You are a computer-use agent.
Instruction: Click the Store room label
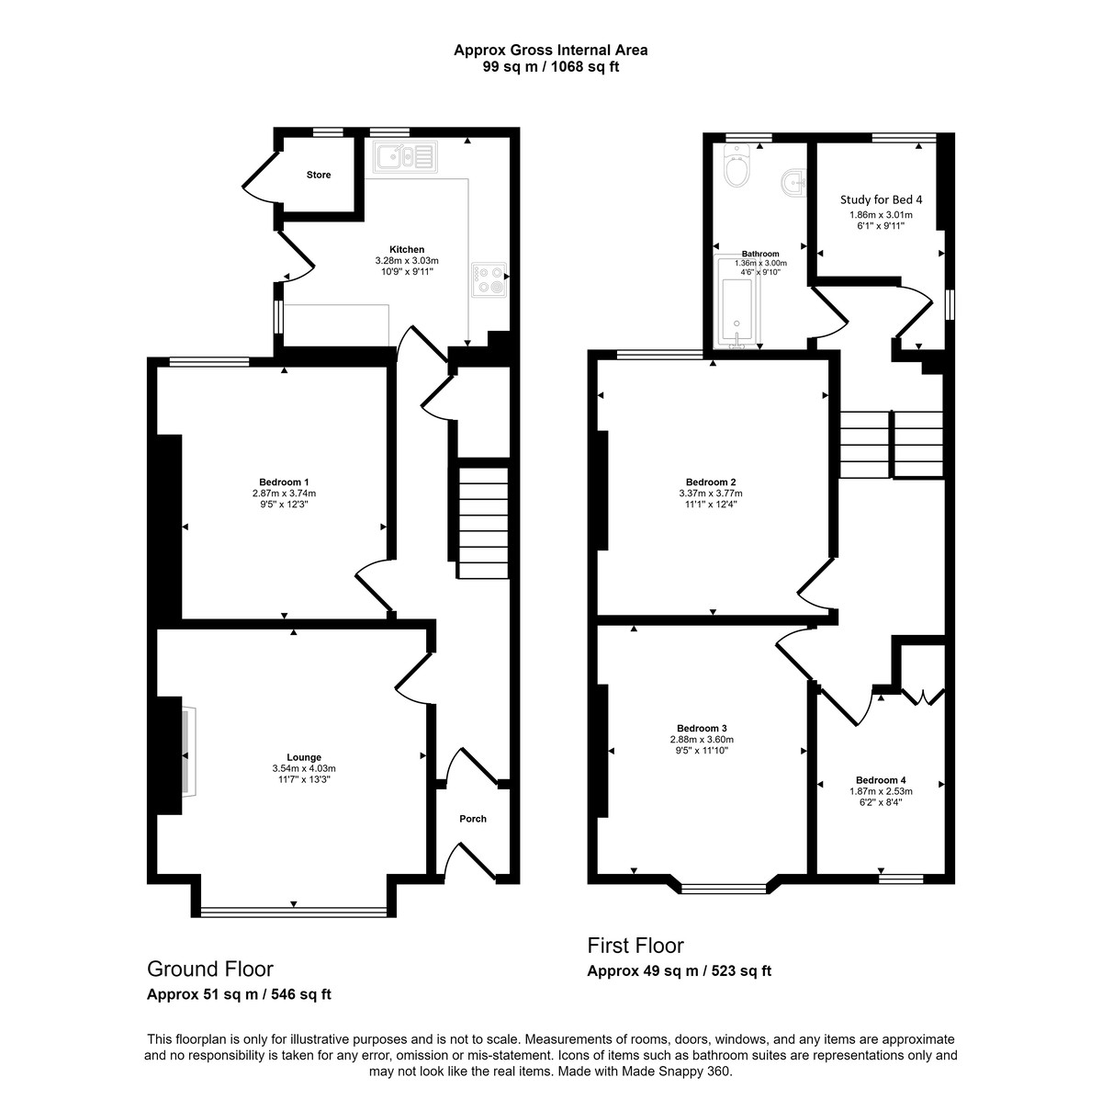click(x=319, y=175)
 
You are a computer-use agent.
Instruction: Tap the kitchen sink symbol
click(x=403, y=157)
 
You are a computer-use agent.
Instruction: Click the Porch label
click(x=472, y=819)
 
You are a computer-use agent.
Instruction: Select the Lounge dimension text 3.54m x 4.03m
click(x=304, y=768)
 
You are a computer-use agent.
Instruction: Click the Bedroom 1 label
click(x=283, y=482)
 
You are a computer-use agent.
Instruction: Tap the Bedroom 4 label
click(x=881, y=780)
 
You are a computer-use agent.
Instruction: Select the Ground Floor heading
click(x=210, y=969)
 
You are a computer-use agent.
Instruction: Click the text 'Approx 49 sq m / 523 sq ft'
click(x=680, y=971)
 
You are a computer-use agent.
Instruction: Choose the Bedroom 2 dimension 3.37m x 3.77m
click(x=711, y=493)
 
